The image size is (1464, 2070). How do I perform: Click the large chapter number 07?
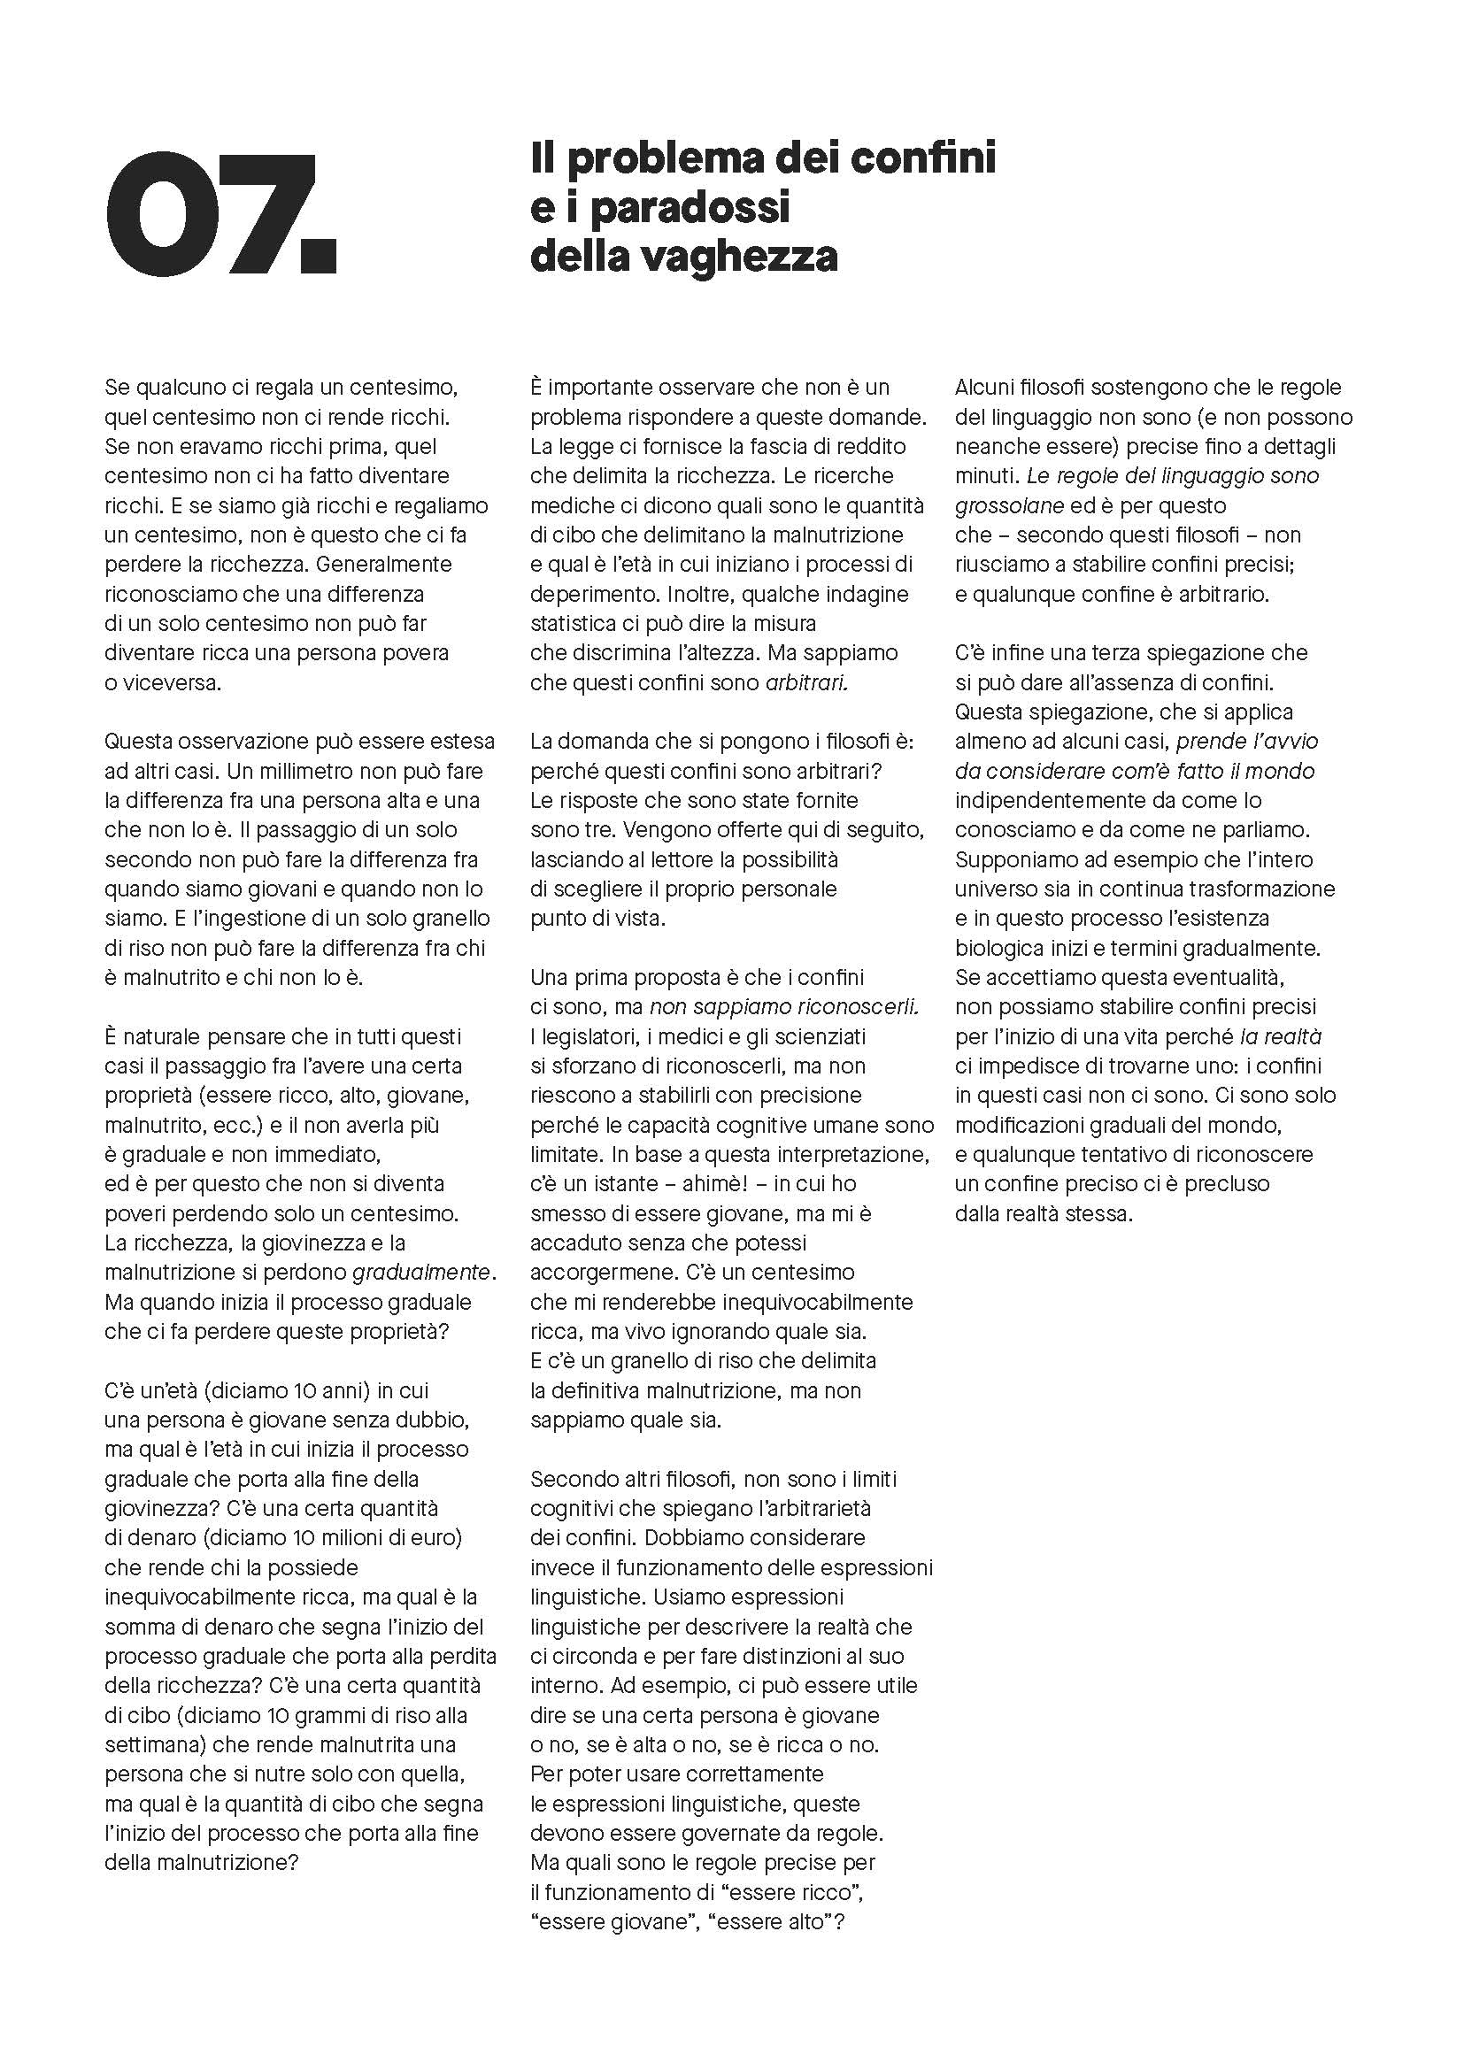221,213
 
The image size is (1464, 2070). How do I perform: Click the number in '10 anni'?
304,1390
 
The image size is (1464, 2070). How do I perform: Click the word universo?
998,889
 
